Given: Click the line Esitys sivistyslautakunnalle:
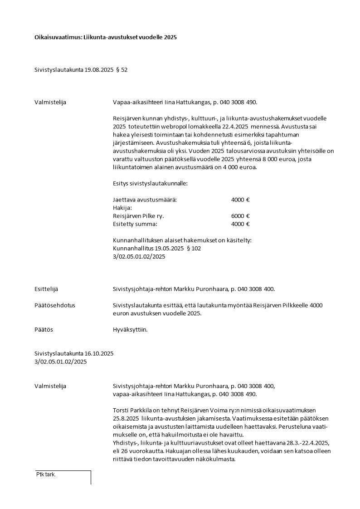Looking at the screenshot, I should click(150, 183).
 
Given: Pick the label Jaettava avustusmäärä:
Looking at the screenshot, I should click(145, 200).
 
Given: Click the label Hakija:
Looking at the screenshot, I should click(122, 208).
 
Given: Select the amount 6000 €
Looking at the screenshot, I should click(240, 216).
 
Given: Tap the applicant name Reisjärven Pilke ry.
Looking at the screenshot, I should click(138, 216).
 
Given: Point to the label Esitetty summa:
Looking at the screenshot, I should click(135, 224).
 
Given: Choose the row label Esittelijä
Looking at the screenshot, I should click(46, 289).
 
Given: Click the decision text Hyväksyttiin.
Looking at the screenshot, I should click(130, 329).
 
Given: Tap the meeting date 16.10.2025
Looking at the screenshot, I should click(99, 353).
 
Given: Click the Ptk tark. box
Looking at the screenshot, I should click(63, 477).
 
